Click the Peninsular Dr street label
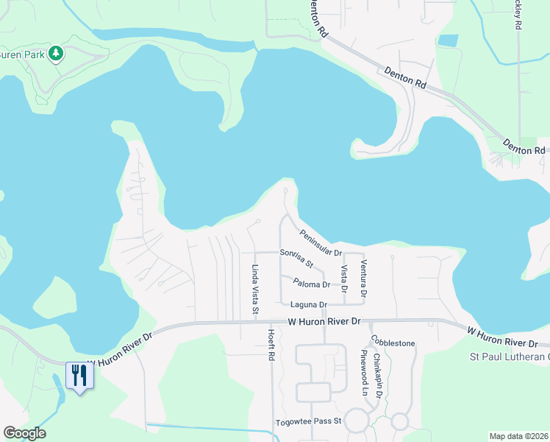321,243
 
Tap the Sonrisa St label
296,258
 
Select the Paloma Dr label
311,284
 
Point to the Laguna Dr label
308,304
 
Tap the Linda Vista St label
255,289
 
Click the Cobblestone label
393,343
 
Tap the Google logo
24,433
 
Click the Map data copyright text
518,436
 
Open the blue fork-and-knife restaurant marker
77,376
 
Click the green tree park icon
56,53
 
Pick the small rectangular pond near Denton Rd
447,41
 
